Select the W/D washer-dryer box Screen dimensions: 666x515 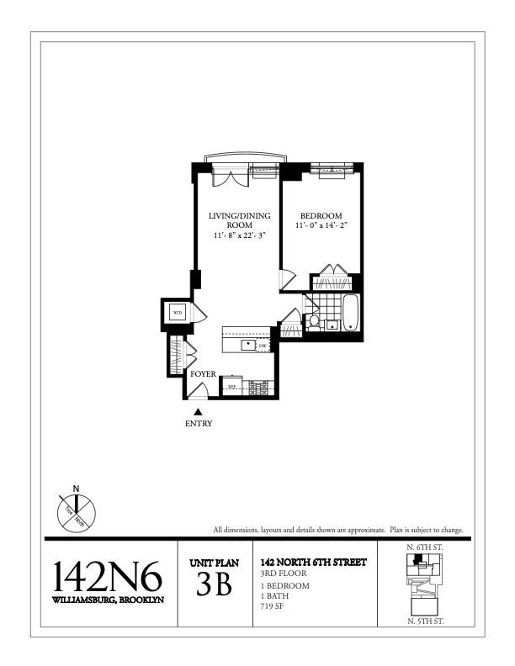pos(178,314)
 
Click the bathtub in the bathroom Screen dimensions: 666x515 pos(352,314)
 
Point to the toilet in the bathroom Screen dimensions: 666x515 pos(315,321)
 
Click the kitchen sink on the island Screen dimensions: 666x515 pos(249,345)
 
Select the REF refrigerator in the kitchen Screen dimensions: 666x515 pos(231,388)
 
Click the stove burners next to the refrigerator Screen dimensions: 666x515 pos(256,388)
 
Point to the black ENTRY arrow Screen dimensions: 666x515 pos(199,411)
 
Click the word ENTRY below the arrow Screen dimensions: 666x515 pos(199,424)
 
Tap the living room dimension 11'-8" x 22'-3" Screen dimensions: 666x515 pos(239,236)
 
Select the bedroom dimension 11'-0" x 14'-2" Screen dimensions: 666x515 pos(323,226)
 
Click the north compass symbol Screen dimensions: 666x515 pos(77,509)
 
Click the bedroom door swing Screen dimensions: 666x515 pos(287,278)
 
